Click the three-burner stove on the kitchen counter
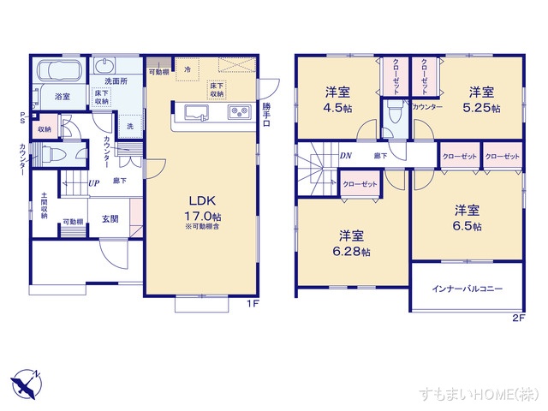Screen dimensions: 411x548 click(x=238, y=112)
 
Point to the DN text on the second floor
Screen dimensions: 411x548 click(x=345, y=156)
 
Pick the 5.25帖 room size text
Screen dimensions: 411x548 click(x=479, y=108)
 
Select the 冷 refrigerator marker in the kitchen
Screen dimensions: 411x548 click(x=187, y=68)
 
